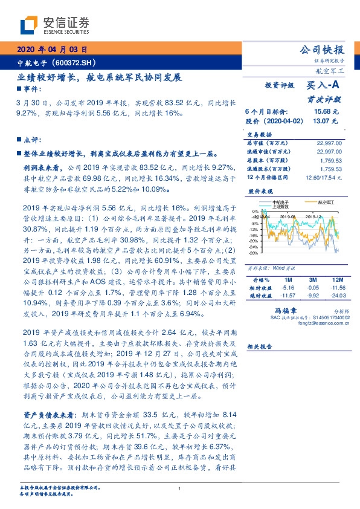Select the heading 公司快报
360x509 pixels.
326,50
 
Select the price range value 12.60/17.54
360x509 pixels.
325,178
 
